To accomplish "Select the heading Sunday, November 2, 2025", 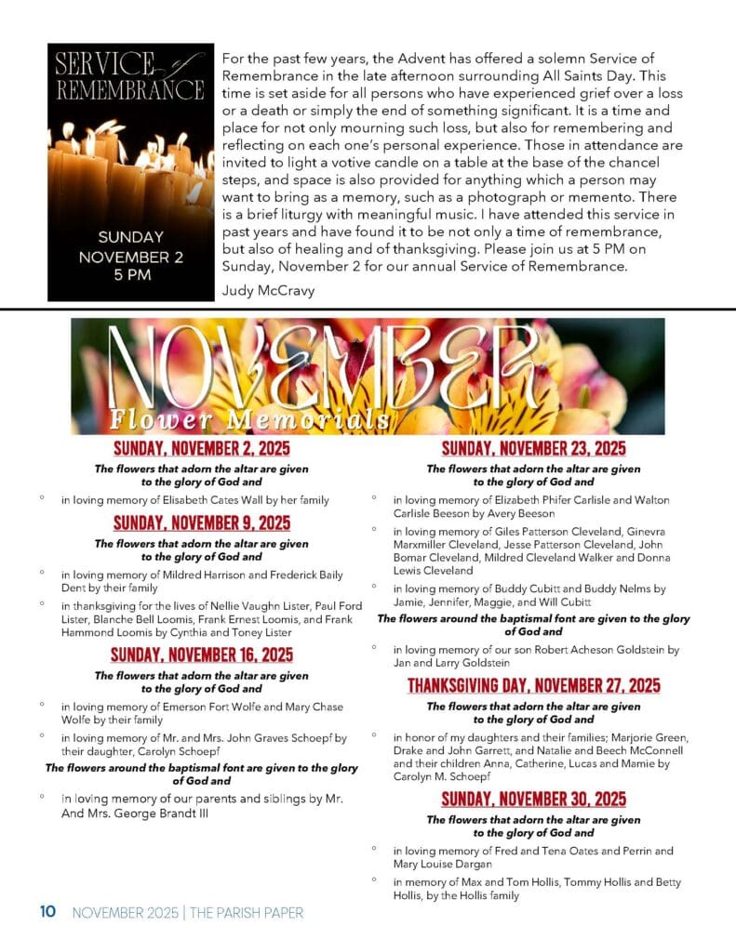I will click(201, 450).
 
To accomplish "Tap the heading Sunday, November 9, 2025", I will click(201, 522).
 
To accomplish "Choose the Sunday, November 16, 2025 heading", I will click(201, 654).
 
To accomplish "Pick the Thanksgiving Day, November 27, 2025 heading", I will click(533, 686).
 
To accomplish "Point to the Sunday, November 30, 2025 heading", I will click(533, 799).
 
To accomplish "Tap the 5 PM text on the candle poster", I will click(131, 275).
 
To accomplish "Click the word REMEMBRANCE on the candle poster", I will click(130, 90).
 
